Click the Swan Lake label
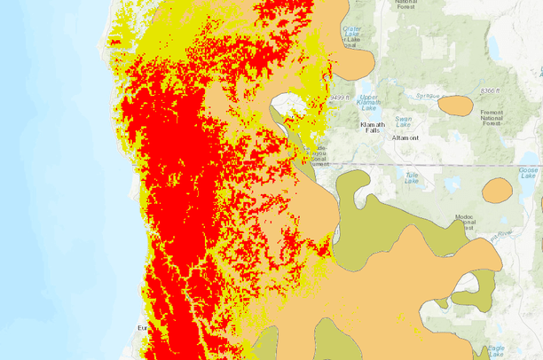click(404, 121)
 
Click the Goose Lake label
click(528, 174)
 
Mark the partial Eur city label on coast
click(141, 329)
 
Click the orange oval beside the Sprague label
click(456, 106)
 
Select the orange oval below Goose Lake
click(497, 190)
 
